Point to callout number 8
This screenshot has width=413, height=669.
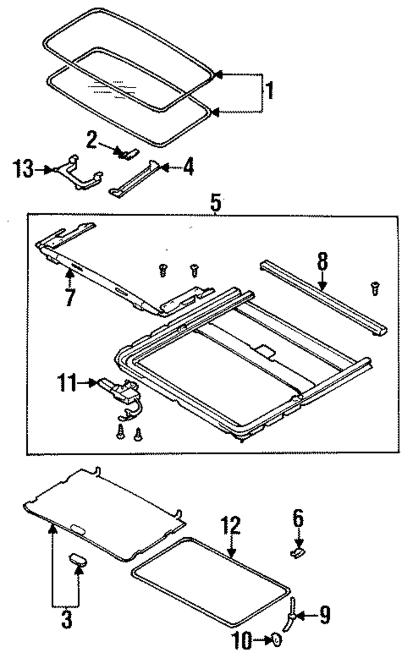point(322,261)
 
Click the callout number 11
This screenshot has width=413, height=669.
point(66,383)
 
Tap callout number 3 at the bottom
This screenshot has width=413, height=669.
point(66,619)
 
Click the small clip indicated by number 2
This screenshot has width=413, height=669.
point(128,153)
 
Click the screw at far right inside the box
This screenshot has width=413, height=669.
point(375,288)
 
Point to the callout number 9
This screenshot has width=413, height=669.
point(325,616)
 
